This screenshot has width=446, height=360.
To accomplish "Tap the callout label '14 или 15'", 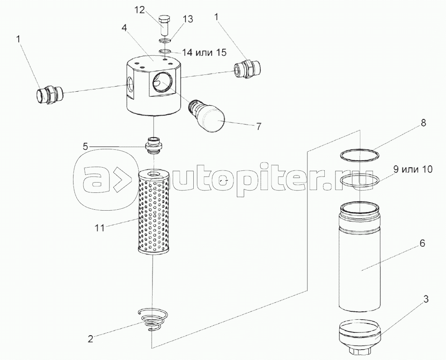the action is coord(204,52).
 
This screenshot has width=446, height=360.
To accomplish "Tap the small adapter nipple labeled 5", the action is coord(154,145).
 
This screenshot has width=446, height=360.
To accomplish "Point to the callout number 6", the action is coord(422,243).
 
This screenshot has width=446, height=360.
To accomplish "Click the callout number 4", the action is coord(124,28).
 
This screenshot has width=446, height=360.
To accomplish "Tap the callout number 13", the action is coord(188,19).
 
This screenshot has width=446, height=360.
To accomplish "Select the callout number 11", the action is coord(100,228).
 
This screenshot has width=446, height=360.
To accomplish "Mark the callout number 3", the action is coord(426,300).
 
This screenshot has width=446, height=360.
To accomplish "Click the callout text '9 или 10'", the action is coord(413,169).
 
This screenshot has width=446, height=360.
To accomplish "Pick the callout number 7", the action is coord(258,126).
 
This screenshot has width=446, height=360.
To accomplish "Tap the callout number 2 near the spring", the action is coord(90,339).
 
